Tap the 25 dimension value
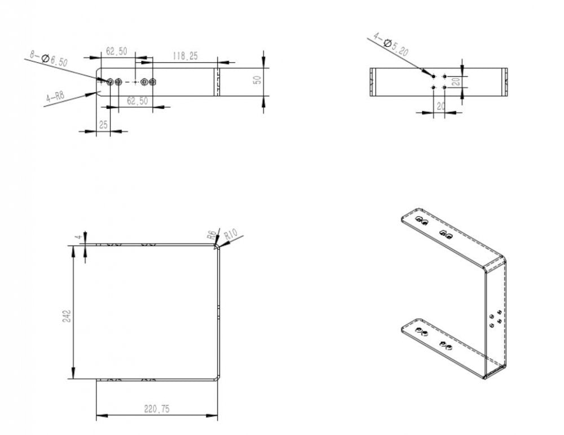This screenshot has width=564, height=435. coord(103,124)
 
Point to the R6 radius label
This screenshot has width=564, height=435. coord(212,234)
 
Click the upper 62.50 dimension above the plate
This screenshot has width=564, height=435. coord(116,52)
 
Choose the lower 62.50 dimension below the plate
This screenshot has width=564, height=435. coord(138,100)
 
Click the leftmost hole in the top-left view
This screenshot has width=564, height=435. coord(110,82)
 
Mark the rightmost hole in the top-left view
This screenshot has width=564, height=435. coord(152,82)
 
